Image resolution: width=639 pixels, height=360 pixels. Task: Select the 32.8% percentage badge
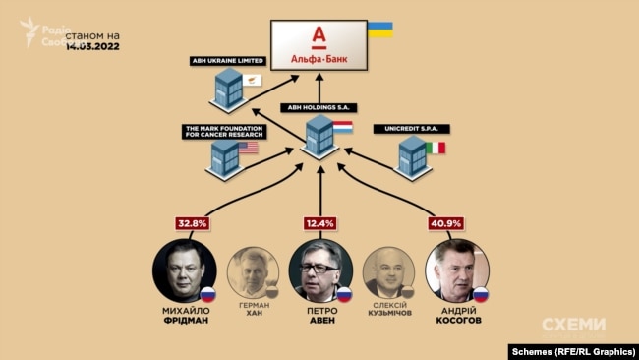pos(193,223)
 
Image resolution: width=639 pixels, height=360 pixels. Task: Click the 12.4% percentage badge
pos(319,223)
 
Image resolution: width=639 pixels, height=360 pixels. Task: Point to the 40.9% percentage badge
pos(446,223)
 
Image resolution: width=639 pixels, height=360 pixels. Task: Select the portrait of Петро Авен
pos(319,270)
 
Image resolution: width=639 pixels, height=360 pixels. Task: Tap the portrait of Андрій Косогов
pos(456,270)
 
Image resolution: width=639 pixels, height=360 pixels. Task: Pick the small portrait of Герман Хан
pos(252,271)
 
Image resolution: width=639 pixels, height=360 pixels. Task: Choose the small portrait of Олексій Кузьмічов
pos(387,271)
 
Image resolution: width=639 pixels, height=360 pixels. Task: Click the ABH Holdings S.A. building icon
pos(320,135)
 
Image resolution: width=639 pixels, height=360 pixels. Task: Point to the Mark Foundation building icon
pos(226,157)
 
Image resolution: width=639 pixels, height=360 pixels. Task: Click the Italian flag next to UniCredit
pos(435,148)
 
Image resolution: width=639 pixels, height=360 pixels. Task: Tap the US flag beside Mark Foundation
pos(249,148)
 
